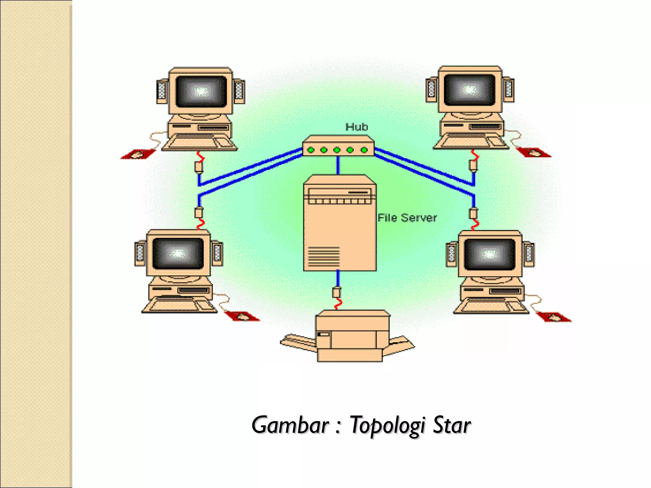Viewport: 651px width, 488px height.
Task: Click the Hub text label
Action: (x=356, y=127)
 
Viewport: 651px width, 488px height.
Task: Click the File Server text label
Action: (x=407, y=218)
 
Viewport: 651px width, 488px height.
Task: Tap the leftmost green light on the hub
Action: (x=311, y=150)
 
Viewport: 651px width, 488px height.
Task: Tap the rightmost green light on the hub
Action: (x=364, y=150)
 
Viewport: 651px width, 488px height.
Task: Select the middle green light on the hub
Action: (x=337, y=150)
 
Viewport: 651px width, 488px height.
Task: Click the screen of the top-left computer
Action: (x=201, y=92)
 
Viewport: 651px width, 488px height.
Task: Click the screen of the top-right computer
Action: (x=469, y=90)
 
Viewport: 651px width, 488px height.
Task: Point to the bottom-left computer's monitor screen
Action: (x=178, y=254)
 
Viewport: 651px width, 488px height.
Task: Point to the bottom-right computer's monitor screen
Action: (x=490, y=254)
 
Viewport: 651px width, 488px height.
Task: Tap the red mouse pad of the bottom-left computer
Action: (x=242, y=316)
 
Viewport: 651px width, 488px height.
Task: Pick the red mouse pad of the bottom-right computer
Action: (x=553, y=317)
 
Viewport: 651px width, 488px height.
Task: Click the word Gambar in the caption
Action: (x=290, y=425)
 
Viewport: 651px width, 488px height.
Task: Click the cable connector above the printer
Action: (x=336, y=292)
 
